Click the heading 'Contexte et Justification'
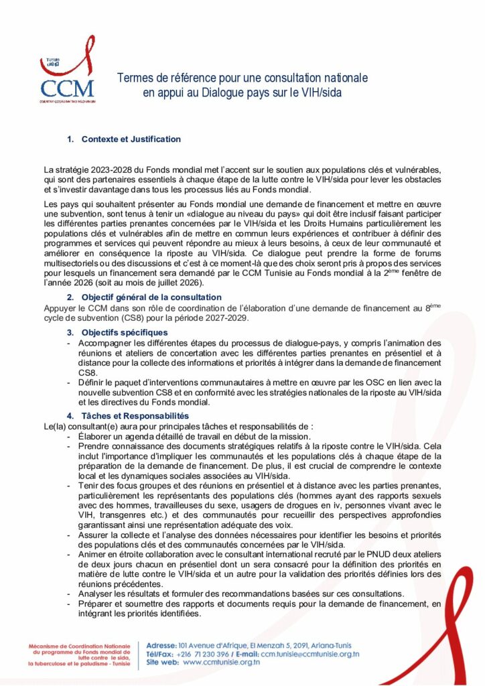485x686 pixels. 131,139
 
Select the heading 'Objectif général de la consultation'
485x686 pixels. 151,297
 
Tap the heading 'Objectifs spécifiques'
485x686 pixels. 126,332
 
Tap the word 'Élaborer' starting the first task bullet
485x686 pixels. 95,435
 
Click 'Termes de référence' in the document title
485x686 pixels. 165,78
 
